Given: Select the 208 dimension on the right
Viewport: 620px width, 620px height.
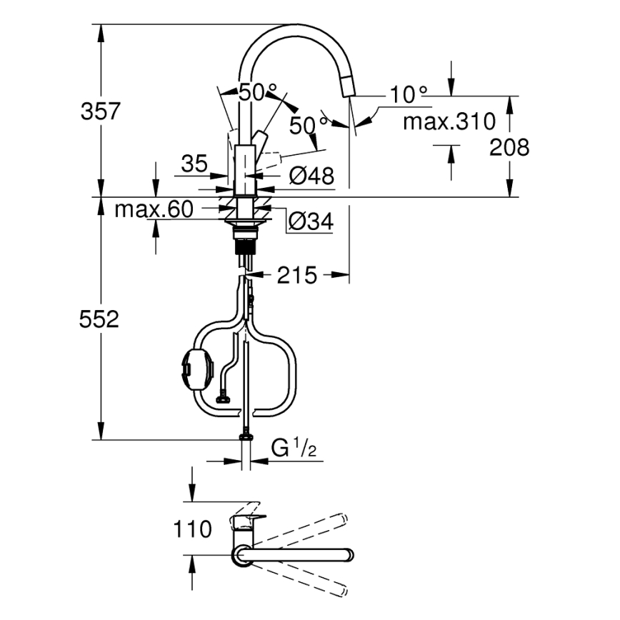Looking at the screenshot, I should tap(510, 147).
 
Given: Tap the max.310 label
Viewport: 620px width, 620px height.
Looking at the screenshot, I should tap(449, 121).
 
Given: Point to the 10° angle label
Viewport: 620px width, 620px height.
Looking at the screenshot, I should tap(409, 94).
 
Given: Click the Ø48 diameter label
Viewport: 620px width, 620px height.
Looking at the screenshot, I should tap(312, 175).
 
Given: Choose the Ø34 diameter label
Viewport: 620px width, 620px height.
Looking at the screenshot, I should tap(311, 222).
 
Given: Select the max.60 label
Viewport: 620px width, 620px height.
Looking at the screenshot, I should tap(154, 209).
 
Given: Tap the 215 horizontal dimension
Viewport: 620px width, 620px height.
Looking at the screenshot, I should tap(296, 275).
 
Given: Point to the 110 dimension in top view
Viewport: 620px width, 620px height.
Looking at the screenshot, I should tap(192, 529).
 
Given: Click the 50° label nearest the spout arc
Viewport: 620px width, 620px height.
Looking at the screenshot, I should tap(257, 92).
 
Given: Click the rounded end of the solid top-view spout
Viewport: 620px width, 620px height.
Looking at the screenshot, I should tap(349, 555).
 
